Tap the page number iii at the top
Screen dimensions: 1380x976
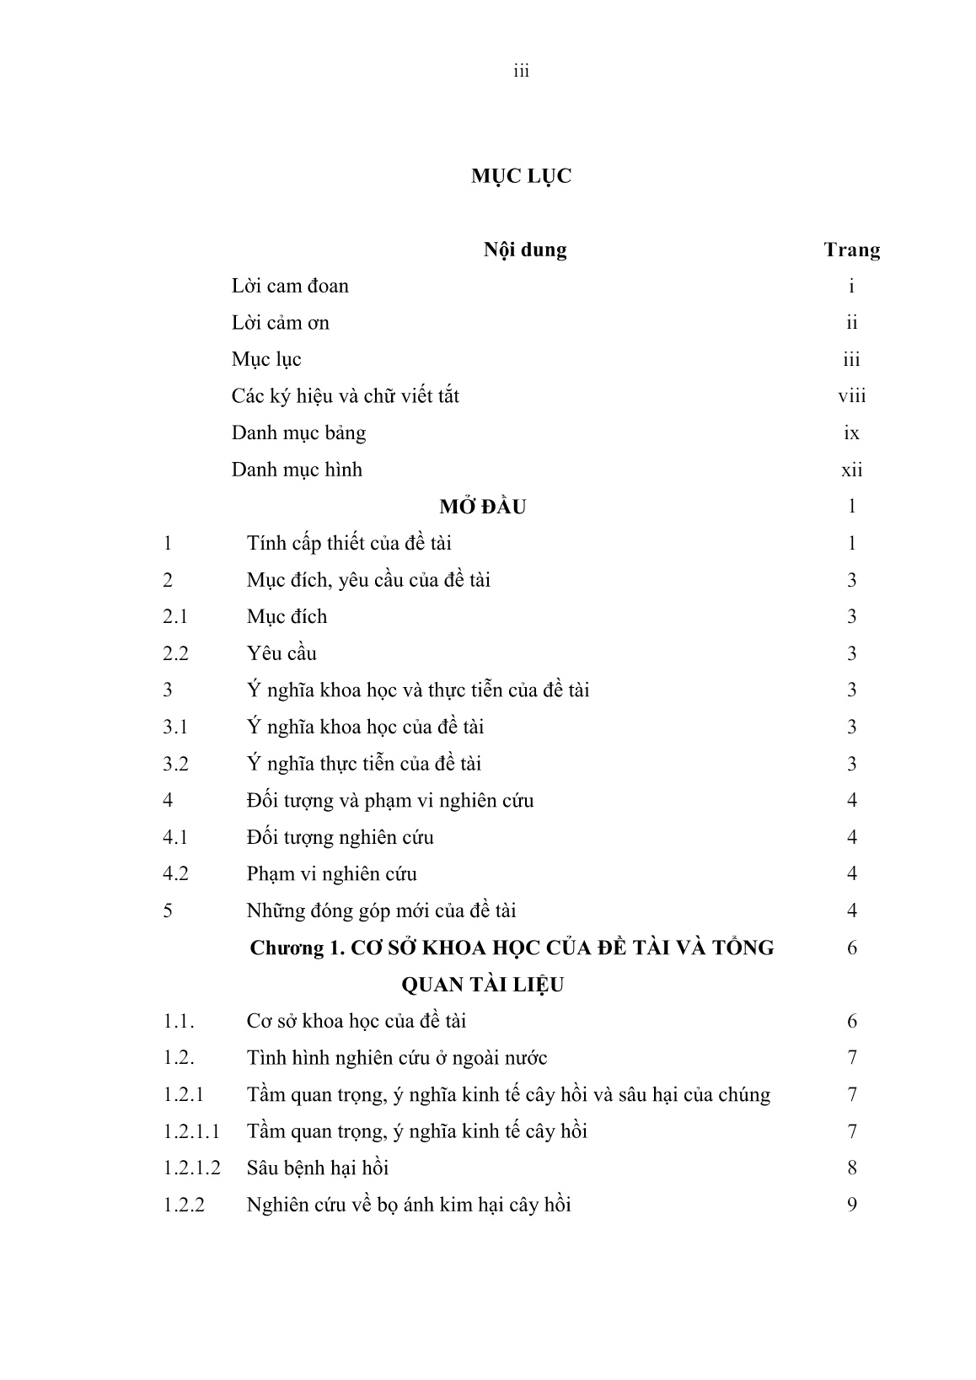(521, 72)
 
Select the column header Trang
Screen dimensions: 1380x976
(851, 250)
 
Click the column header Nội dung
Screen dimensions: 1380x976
(524, 250)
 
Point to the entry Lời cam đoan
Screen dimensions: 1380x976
(290, 287)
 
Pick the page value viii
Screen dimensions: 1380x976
(851, 396)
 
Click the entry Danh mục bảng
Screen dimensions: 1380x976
(298, 433)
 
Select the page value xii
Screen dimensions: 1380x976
(851, 470)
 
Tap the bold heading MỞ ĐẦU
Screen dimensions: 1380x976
(483, 507)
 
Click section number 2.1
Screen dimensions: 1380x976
(175, 617)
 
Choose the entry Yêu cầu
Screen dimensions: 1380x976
(282, 654)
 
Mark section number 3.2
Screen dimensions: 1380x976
(175, 765)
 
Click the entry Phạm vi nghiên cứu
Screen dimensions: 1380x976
(331, 874)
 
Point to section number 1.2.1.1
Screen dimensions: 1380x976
(191, 1131)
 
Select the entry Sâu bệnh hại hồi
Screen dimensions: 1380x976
(317, 1168)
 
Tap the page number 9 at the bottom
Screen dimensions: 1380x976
(851, 1205)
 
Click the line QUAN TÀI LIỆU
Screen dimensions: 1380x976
(483, 985)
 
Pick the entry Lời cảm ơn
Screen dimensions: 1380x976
(281, 323)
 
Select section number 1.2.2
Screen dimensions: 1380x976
(184, 1205)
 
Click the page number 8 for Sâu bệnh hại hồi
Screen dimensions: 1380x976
(851, 1168)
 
